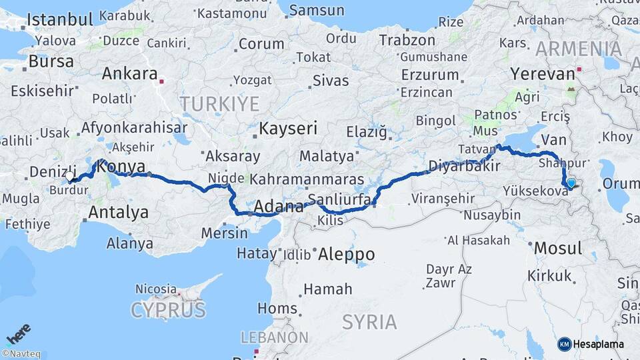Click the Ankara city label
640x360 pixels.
tap(129, 73)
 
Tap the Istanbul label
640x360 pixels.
tap(59, 19)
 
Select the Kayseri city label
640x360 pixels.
tap(288, 128)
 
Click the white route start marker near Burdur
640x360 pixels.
tap(70, 177)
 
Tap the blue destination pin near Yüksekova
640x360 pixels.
tap(571, 183)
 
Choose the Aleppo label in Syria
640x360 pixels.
tap(346, 254)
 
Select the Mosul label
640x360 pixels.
tap(558, 249)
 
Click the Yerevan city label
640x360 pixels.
tap(542, 73)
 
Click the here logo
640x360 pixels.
tap(18, 332)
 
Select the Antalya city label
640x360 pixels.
tap(118, 213)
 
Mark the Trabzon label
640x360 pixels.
tap(407, 40)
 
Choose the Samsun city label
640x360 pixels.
tap(317, 11)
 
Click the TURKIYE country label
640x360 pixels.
tap(219, 103)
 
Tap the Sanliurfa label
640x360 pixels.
tap(335, 199)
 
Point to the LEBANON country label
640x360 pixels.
tap(274, 337)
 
